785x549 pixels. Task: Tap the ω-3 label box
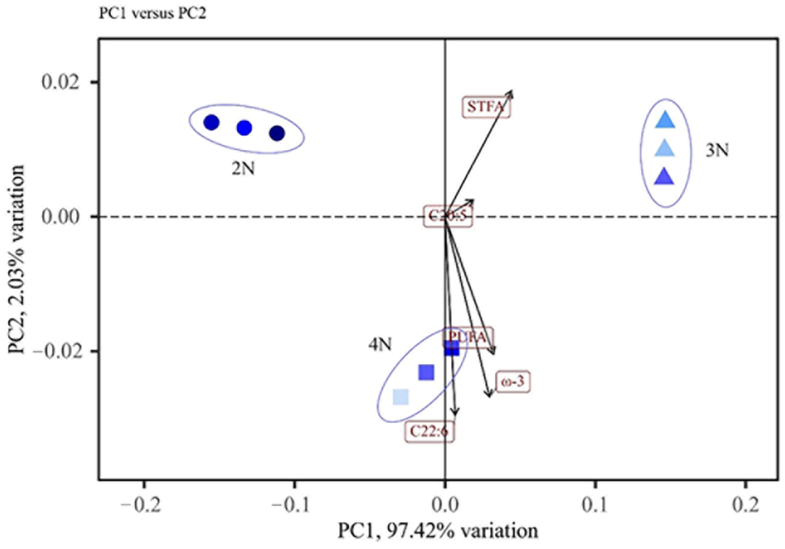coord(512,382)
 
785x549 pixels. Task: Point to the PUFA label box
coord(468,338)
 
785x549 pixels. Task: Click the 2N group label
coord(243,169)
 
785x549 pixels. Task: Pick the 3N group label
coord(717,150)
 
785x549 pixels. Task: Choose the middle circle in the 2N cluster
coord(244,128)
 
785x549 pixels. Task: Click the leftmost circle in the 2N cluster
coord(211,122)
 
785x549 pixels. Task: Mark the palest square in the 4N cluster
coord(401,397)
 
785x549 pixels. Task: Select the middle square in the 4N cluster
coord(426,372)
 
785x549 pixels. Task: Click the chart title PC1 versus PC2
coord(152,14)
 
